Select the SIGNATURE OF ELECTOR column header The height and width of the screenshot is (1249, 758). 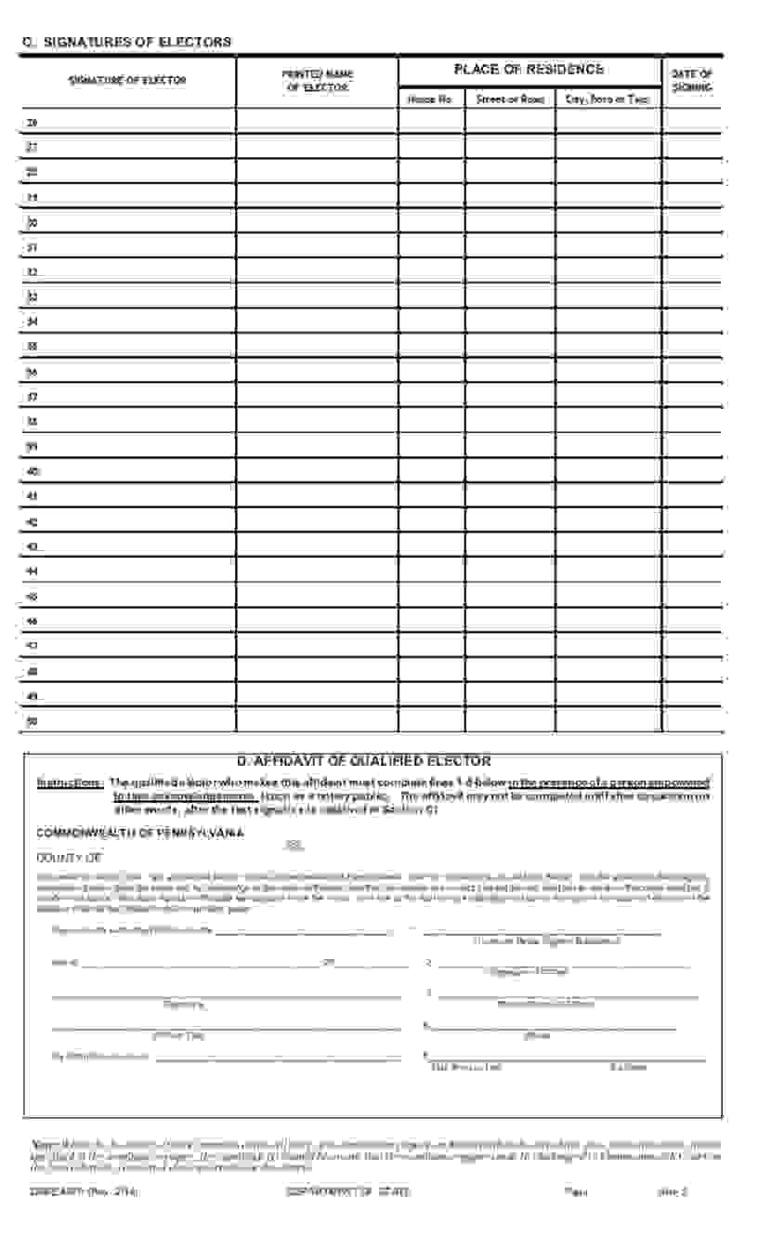127,81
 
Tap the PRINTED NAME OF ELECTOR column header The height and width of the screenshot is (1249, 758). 318,81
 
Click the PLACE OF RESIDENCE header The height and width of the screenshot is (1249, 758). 529,70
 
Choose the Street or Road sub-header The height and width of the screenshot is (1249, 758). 509,99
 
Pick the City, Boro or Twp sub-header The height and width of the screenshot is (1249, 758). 608,99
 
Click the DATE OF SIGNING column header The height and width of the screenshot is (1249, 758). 692,81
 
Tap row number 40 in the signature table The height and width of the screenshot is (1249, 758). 33,471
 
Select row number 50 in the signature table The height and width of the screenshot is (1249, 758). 33,720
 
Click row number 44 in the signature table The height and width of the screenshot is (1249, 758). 33,571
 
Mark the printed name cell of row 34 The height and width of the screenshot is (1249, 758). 317,322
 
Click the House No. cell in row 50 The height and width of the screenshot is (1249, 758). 431,720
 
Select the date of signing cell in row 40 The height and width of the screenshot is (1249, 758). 692,471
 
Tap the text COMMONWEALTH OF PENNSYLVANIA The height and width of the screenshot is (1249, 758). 139,833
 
